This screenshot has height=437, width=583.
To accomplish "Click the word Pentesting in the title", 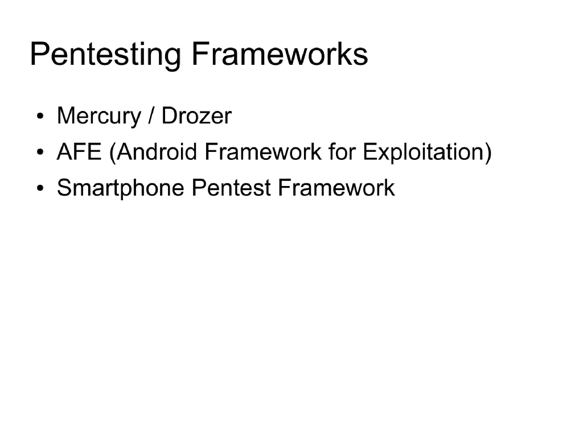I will pos(105,55).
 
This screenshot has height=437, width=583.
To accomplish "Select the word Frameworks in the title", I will pos(279,54).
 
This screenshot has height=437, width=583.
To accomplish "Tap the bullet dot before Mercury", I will pos(40,118).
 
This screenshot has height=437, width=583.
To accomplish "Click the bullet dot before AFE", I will pos(40,154).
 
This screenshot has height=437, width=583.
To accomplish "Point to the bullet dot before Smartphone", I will pos(40,189).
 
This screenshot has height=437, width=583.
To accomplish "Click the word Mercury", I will pos(98,117).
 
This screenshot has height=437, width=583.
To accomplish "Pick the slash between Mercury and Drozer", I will pos(151,117).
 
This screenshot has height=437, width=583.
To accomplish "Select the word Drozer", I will pos(196,117).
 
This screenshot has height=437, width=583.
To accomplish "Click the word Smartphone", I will pos(121,188).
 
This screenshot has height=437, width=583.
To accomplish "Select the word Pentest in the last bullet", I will pos(231,188).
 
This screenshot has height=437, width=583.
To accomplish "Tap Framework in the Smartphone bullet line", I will pos(336,188).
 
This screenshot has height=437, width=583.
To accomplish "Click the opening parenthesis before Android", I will pos(113,152).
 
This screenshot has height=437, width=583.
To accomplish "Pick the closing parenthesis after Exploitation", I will pos(487,152).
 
